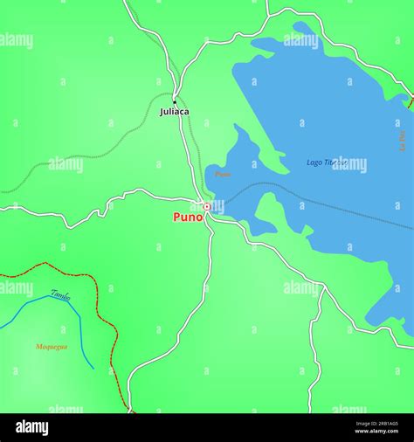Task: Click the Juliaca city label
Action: coord(174,112)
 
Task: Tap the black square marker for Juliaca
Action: coord(175,101)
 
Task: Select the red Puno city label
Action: coord(188,217)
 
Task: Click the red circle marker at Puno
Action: coord(207,207)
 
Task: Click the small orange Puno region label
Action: coord(223,174)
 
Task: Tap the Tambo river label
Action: coord(60,295)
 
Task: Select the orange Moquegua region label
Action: coord(52,347)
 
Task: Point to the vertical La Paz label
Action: coord(403,140)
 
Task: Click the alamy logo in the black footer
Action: coord(32,428)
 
